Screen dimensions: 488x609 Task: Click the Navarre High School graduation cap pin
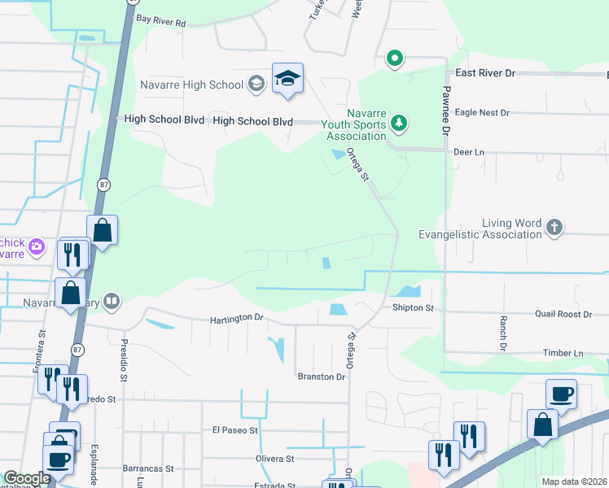(x=287, y=79)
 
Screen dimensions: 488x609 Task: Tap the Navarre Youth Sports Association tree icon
(x=399, y=124)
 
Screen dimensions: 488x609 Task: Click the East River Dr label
(x=486, y=73)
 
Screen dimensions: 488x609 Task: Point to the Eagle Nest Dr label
(x=482, y=113)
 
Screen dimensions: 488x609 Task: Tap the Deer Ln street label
(x=468, y=152)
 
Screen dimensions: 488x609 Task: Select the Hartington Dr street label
(x=238, y=320)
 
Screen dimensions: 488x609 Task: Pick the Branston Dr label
(x=322, y=377)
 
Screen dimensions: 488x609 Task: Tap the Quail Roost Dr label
(x=563, y=314)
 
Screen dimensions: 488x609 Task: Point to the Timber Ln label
(x=563, y=353)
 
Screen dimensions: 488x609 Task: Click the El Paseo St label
(x=234, y=429)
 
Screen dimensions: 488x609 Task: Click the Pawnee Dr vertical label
(x=447, y=114)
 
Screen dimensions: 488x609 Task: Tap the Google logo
(x=27, y=478)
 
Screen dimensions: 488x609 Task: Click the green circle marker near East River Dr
(x=395, y=58)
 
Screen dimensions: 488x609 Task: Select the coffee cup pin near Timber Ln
(x=561, y=395)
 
